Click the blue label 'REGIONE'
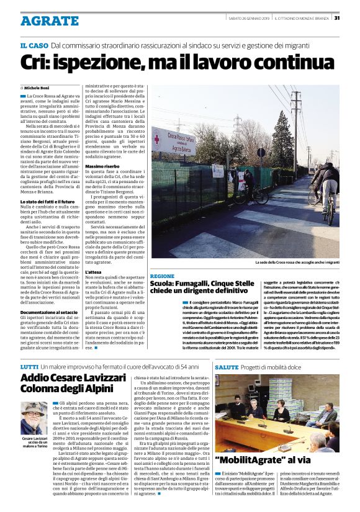162,276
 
